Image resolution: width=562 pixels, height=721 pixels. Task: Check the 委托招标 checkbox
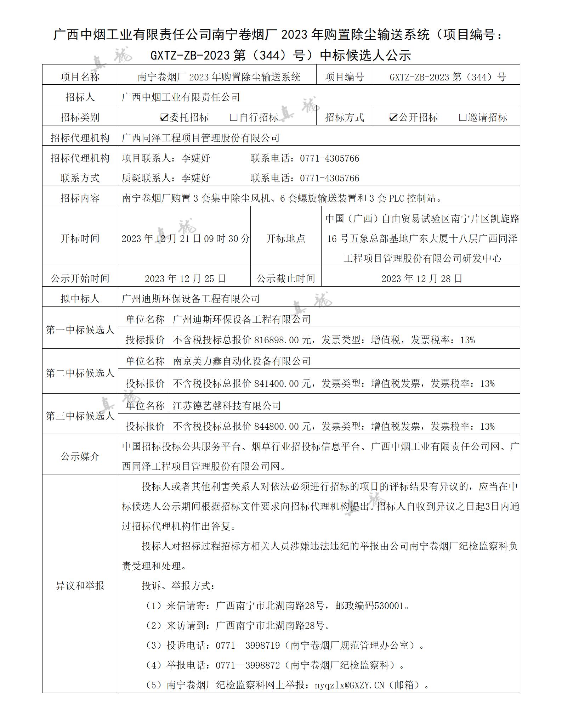(164, 118)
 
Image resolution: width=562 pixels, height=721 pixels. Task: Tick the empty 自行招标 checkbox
(233, 118)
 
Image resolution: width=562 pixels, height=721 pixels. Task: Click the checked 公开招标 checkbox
(393, 118)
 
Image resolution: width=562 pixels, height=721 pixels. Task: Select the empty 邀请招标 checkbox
(462, 118)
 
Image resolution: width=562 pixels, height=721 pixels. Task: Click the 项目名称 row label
(80, 77)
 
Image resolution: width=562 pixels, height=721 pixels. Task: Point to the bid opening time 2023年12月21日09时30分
(185, 239)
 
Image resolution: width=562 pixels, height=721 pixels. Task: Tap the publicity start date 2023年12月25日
(185, 279)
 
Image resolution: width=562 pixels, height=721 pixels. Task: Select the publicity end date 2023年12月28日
(422, 279)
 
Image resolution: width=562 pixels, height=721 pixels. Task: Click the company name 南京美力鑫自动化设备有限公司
(242, 361)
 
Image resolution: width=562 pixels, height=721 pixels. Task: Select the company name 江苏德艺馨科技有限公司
(227, 406)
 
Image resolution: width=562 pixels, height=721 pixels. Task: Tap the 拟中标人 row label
(80, 299)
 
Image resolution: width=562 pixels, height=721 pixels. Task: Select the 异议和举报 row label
(80, 586)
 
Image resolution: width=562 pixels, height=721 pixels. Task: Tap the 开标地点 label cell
(286, 239)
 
